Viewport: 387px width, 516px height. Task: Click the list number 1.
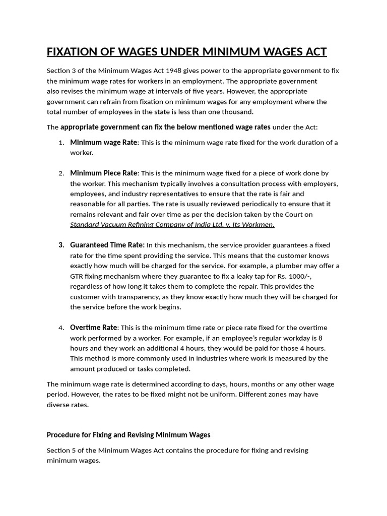tap(61, 143)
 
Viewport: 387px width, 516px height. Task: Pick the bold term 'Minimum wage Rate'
tap(103, 143)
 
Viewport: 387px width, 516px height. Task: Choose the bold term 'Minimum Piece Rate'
tap(104, 173)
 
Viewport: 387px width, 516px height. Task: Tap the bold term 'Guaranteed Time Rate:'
tap(107, 245)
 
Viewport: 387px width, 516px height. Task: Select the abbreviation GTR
tap(77, 276)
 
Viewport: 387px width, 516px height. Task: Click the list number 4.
tap(61, 328)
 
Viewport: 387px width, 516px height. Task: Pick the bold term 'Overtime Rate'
tap(94, 328)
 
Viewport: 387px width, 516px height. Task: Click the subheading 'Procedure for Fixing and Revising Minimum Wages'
tap(128, 434)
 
